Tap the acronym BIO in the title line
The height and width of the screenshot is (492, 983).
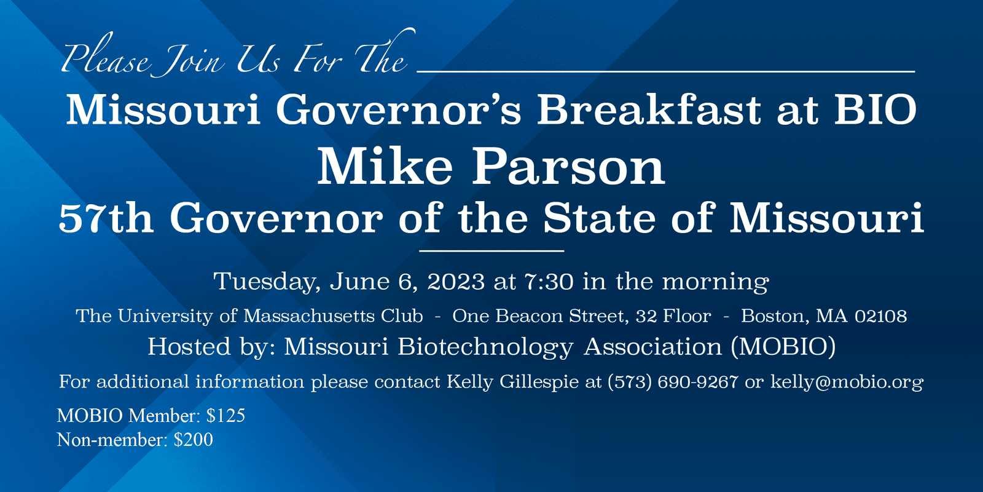(x=875, y=109)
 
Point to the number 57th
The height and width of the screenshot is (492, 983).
(x=106, y=218)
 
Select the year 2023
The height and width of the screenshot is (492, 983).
(x=455, y=281)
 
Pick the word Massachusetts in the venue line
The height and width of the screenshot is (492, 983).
(x=309, y=316)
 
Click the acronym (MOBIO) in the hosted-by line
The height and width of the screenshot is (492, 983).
(x=783, y=347)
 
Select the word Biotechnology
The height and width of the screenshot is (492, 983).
(x=485, y=347)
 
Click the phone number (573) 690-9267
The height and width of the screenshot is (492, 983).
(x=673, y=381)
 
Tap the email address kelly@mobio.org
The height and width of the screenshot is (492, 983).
(x=847, y=382)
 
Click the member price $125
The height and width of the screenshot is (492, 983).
(x=225, y=416)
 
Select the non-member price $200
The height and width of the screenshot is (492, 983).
(x=193, y=440)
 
